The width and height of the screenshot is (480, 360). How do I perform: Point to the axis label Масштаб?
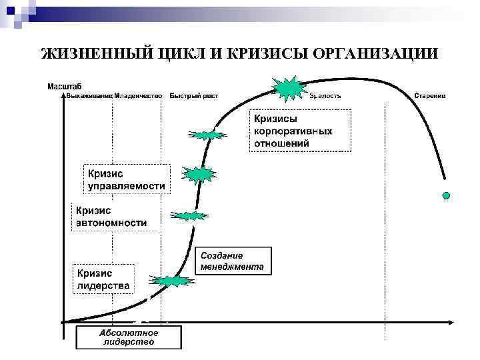[x=64, y=86]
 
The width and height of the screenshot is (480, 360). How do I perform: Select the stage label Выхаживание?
[x=89, y=96]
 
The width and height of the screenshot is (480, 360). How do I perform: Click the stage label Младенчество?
[x=138, y=96]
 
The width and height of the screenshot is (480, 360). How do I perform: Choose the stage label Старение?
[x=429, y=96]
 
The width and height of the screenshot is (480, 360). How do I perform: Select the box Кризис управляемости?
[x=124, y=179]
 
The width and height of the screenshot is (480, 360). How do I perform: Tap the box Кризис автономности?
[x=111, y=216]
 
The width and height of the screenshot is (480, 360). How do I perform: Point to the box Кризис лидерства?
[x=103, y=279]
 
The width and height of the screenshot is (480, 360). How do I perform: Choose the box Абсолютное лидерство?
[x=128, y=337]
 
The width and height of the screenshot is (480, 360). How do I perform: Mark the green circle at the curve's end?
[x=447, y=195]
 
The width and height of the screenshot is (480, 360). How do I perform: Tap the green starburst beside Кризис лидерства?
[x=171, y=281]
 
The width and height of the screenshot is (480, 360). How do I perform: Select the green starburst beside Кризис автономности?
[x=189, y=215]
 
